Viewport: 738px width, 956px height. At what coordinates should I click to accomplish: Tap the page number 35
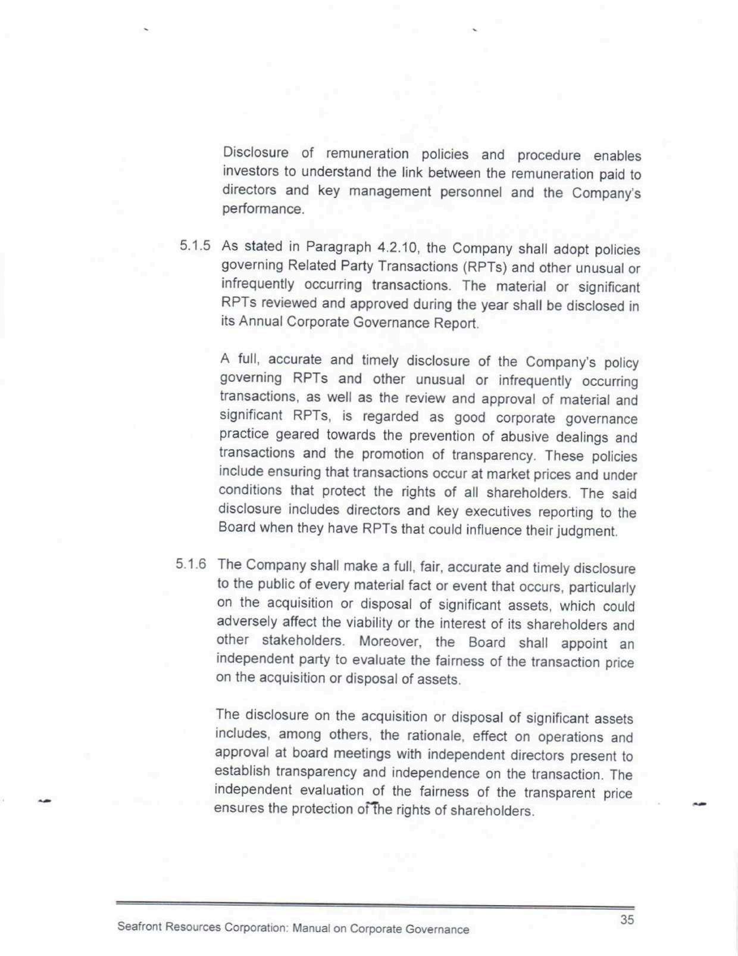tap(627, 919)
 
